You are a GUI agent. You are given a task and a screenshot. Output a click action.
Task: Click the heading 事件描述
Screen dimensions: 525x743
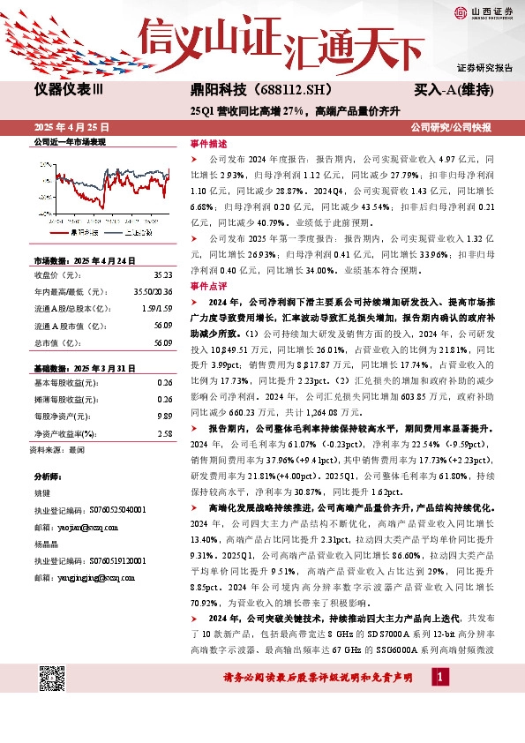click(208, 143)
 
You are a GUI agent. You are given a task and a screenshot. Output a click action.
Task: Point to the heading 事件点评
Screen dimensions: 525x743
click(208, 287)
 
